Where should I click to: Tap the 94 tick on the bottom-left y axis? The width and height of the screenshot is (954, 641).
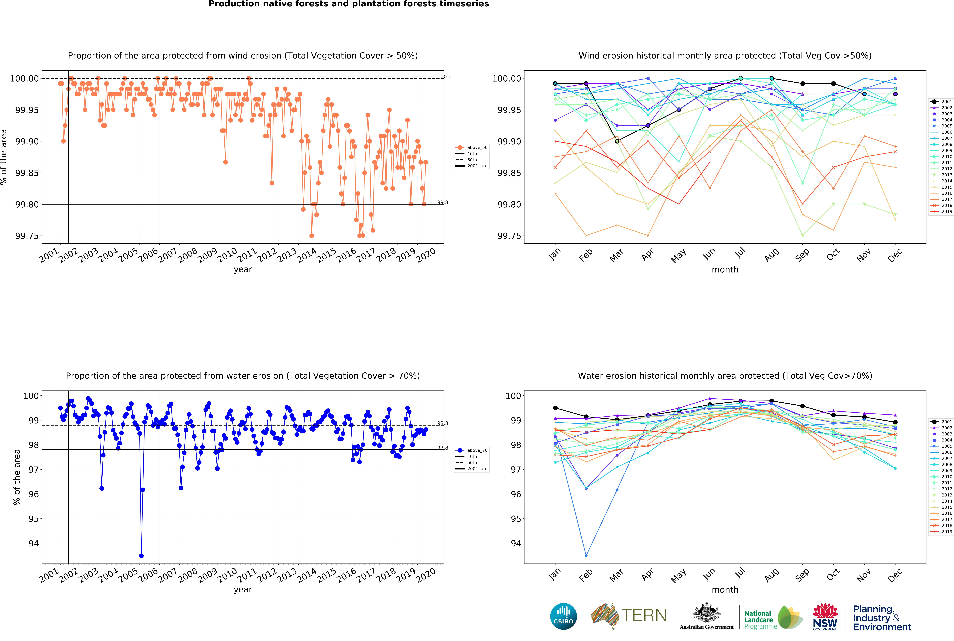34,543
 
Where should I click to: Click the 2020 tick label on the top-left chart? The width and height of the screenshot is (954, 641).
426,256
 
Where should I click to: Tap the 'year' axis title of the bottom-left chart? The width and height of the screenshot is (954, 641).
243,590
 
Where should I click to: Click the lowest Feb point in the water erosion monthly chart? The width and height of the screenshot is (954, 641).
586,556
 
